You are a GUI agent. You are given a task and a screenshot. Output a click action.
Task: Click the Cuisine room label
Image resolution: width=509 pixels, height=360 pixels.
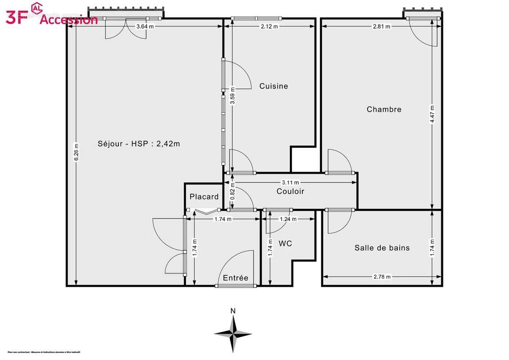pyautogui.click(x=274, y=86)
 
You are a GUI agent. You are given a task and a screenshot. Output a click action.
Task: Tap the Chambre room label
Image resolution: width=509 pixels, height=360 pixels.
pyautogui.click(x=384, y=109)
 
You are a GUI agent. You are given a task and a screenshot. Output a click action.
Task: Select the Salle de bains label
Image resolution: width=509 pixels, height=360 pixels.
pyautogui.click(x=382, y=247)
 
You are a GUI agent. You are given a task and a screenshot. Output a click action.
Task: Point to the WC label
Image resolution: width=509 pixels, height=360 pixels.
pyautogui.click(x=285, y=243)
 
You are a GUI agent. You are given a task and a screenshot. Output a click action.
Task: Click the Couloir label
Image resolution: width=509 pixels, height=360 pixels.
pyautogui.click(x=290, y=191)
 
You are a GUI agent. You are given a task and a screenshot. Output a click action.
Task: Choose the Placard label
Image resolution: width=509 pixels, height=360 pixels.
pyautogui.click(x=204, y=197)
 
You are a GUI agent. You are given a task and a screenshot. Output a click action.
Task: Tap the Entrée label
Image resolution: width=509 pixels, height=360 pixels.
pyautogui.click(x=236, y=278)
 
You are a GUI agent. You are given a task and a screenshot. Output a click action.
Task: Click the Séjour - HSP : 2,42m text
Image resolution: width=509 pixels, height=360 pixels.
pyautogui.click(x=139, y=144)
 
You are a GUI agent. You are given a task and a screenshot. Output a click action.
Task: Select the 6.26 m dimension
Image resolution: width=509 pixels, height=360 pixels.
pyautogui.click(x=76, y=152)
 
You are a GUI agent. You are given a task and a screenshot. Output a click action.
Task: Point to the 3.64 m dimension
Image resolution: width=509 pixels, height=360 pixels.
pyautogui.click(x=145, y=27)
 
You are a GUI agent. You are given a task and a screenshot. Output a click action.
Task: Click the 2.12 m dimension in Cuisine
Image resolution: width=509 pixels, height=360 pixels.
pyautogui.click(x=269, y=27)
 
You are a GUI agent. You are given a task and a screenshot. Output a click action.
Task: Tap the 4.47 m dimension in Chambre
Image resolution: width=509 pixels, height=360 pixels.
pyautogui.click(x=432, y=114)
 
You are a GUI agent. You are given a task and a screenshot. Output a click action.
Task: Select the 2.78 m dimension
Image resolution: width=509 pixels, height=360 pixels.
pyautogui.click(x=382, y=277)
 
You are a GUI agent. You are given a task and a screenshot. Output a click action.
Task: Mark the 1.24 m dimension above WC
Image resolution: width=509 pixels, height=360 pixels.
pyautogui.click(x=288, y=219)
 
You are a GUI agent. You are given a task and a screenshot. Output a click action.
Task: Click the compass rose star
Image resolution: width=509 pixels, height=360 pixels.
pyautogui.click(x=233, y=333)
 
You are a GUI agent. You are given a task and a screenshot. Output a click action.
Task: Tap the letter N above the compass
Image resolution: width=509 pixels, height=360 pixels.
pyautogui.click(x=233, y=310)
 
